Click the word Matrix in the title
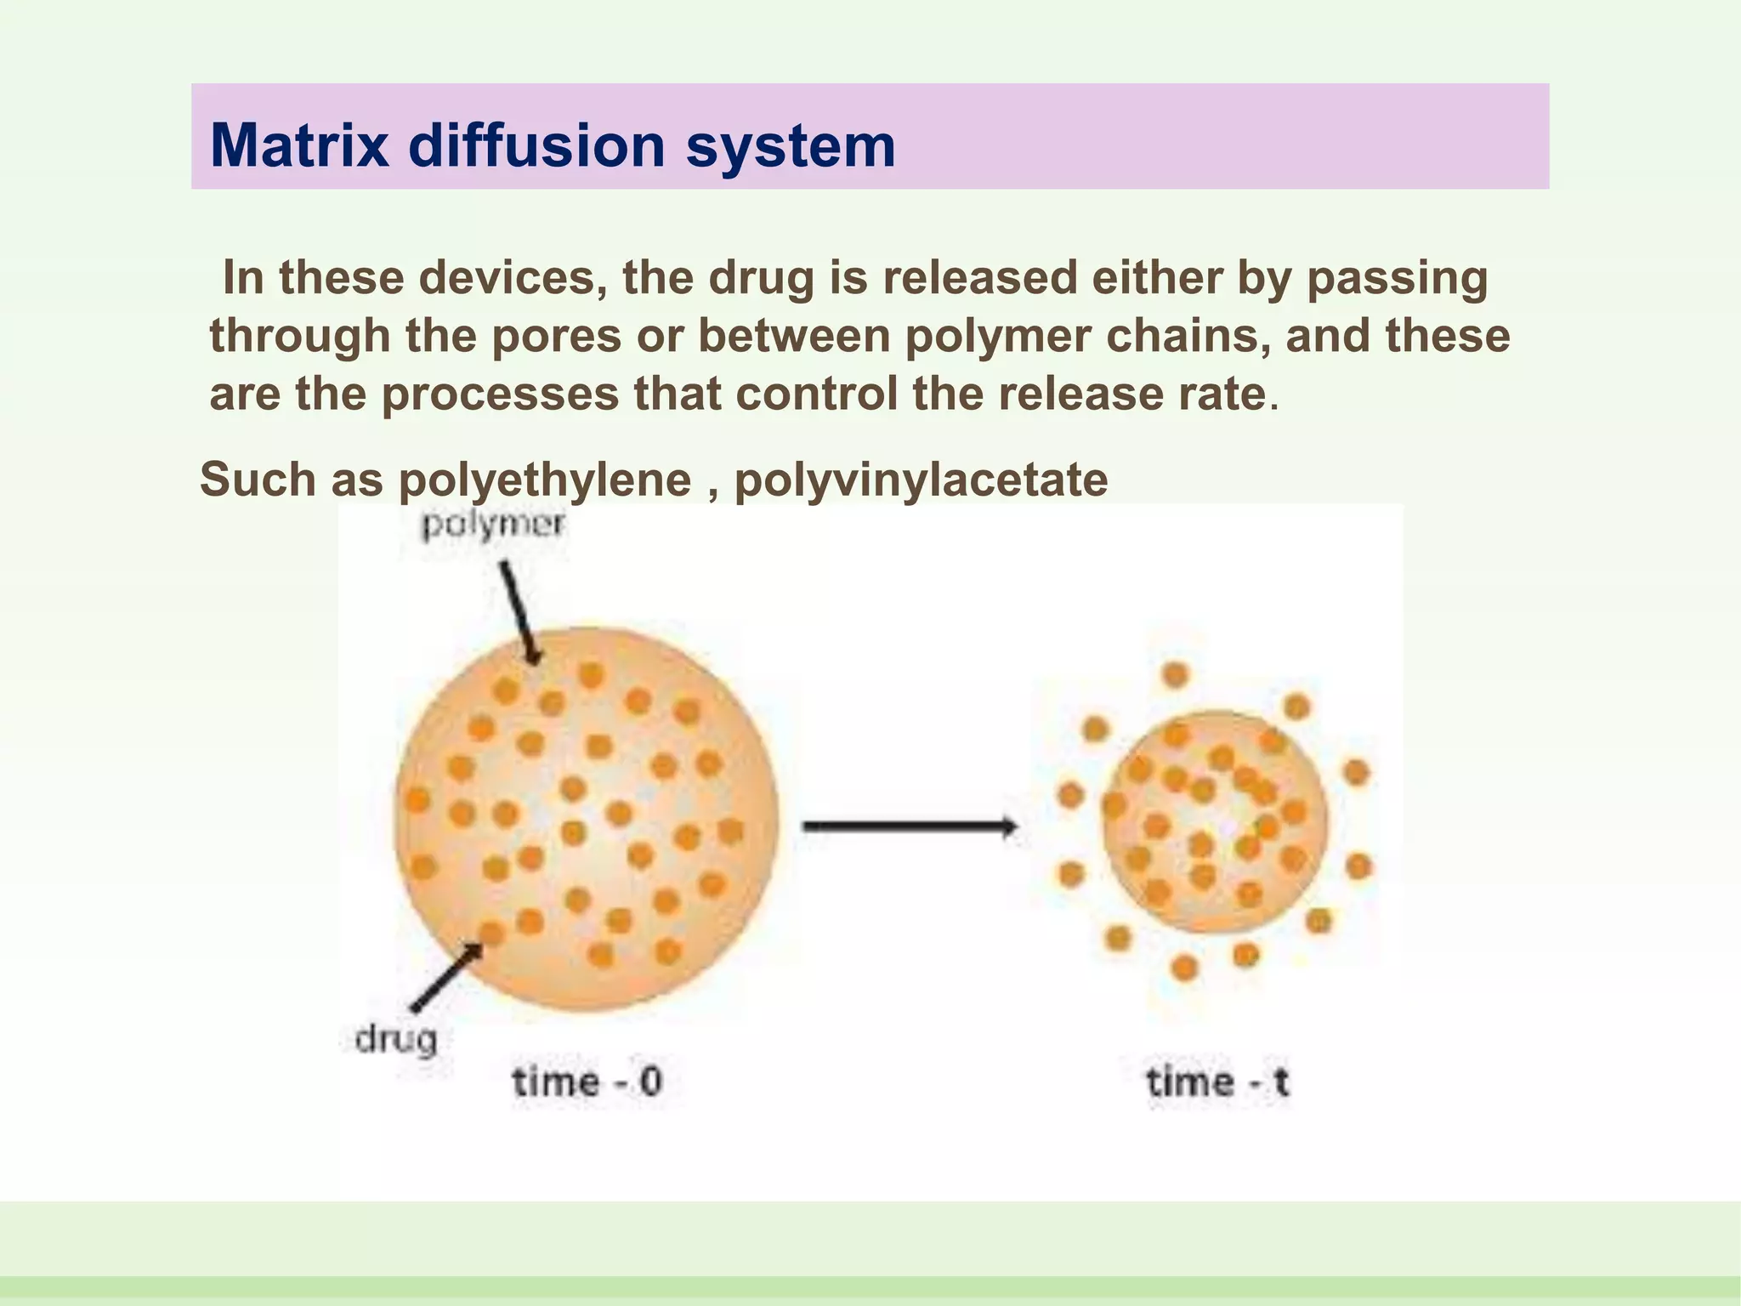pyautogui.click(x=301, y=145)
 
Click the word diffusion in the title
pyautogui.click(x=537, y=145)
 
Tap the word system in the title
pyautogui.click(x=791, y=145)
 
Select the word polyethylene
pyautogui.click(x=545, y=480)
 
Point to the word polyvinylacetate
pyautogui.click(x=921, y=480)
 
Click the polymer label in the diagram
pyautogui.click(x=493, y=525)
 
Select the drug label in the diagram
pyautogui.click(x=396, y=1039)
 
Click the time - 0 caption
pyautogui.click(x=587, y=1082)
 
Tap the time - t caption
pyautogui.click(x=1217, y=1082)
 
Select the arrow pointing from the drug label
pyautogui.click(x=446, y=978)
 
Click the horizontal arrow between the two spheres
pyautogui.click(x=910, y=826)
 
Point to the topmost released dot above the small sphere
pyautogui.click(x=1175, y=675)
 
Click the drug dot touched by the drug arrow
pyautogui.click(x=492, y=934)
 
